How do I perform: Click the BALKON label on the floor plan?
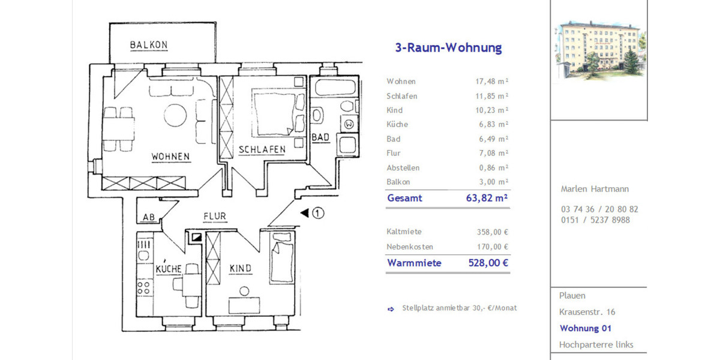coord(149,46)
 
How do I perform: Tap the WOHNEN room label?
coord(170,157)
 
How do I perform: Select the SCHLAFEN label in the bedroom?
coord(262,150)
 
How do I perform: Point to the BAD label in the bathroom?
coord(320,137)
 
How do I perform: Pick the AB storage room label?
coord(148,217)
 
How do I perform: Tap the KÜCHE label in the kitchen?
coord(169,269)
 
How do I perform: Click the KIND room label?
coord(240,268)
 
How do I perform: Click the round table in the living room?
coord(176,115)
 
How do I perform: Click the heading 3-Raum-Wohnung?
coord(448,48)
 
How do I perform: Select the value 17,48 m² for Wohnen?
coord(491,82)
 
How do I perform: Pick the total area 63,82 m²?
coord(487,198)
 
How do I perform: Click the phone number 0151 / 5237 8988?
coord(590,220)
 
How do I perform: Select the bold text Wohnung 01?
coord(585,328)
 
